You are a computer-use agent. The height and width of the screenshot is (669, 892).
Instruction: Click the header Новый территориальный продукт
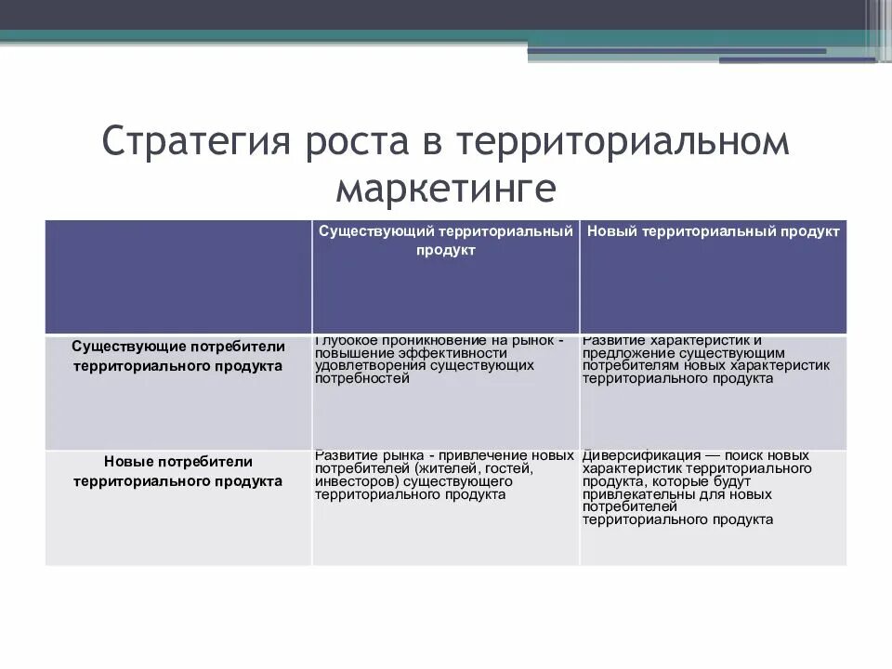(714, 231)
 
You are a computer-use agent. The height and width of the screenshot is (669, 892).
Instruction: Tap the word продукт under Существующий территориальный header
(446, 251)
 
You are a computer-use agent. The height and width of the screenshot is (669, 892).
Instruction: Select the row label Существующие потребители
(178, 346)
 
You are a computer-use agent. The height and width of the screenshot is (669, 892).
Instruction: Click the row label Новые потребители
(178, 461)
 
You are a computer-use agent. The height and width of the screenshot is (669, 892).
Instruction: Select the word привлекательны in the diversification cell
(630, 495)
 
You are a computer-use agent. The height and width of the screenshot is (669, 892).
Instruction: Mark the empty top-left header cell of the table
(178, 277)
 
